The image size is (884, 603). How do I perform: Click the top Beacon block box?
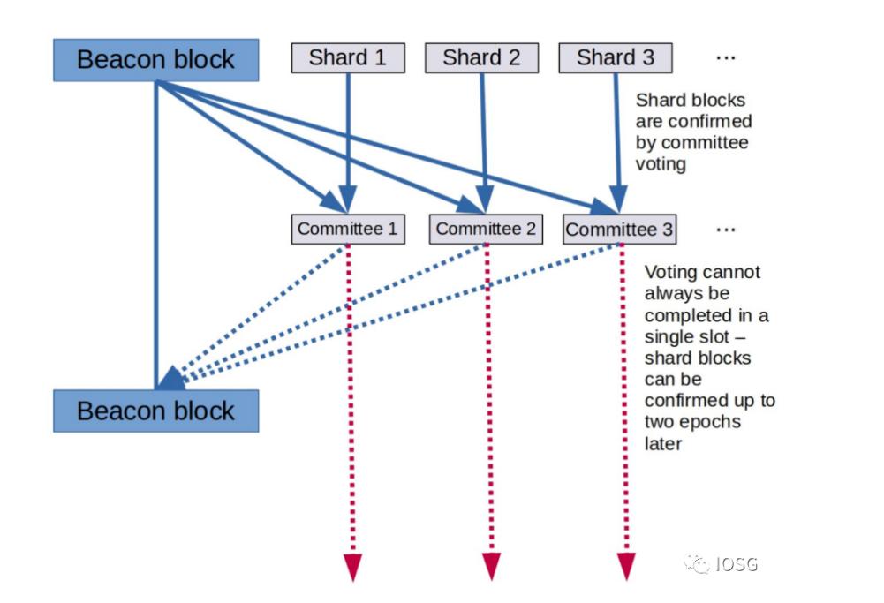click(x=155, y=59)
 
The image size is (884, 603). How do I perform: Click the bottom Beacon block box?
click(x=155, y=411)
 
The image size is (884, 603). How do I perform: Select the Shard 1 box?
click(x=348, y=58)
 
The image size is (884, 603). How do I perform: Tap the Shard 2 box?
click(x=481, y=58)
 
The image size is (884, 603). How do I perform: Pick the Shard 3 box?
click(x=616, y=58)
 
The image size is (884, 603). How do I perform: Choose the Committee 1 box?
click(x=347, y=230)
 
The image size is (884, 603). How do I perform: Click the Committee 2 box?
click(x=485, y=230)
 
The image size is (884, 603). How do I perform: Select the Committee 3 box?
click(x=619, y=230)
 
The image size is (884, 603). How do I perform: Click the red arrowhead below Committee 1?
click(x=352, y=566)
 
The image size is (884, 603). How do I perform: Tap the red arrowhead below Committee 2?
click(x=491, y=566)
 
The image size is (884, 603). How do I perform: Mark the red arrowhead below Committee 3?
click(x=626, y=566)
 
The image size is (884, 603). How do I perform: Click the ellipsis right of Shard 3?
click(x=726, y=58)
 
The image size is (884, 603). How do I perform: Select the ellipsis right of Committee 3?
click(x=726, y=230)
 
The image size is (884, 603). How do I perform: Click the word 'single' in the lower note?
click(x=668, y=336)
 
